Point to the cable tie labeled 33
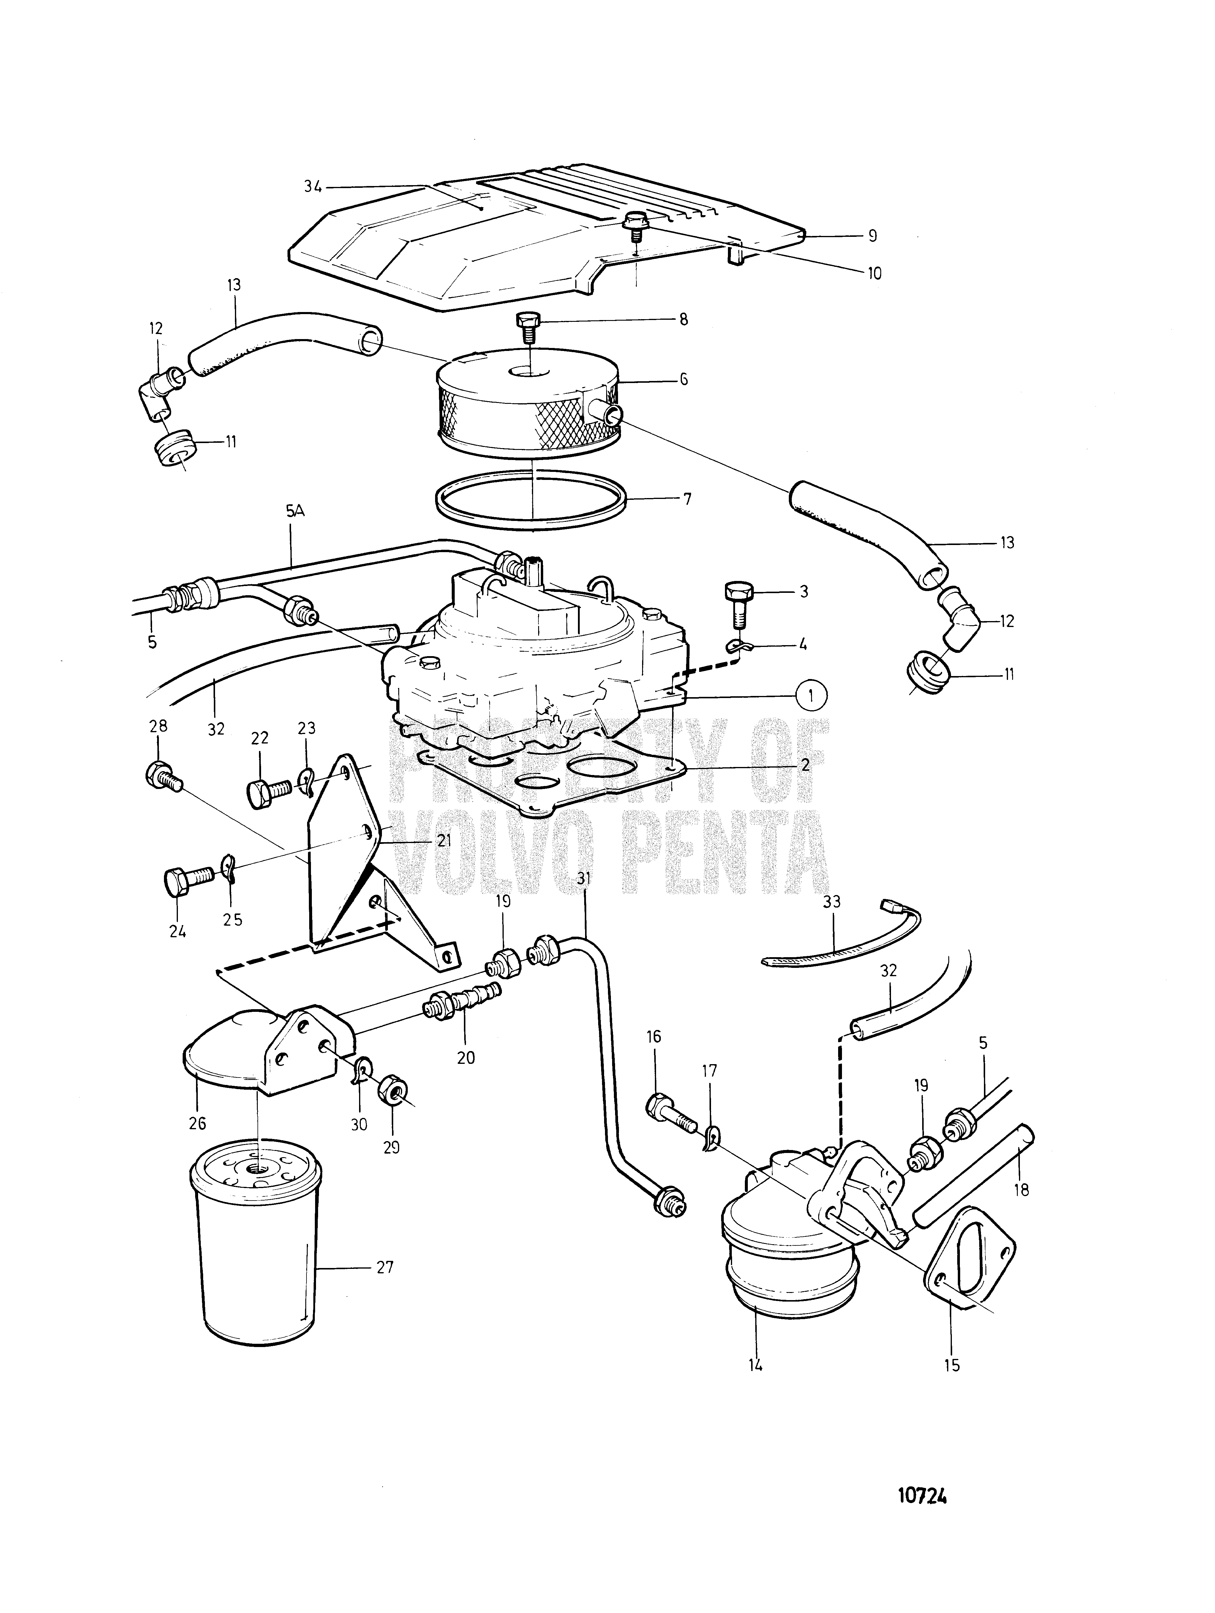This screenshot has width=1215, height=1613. click(838, 949)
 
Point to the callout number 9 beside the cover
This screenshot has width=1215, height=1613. click(873, 236)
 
